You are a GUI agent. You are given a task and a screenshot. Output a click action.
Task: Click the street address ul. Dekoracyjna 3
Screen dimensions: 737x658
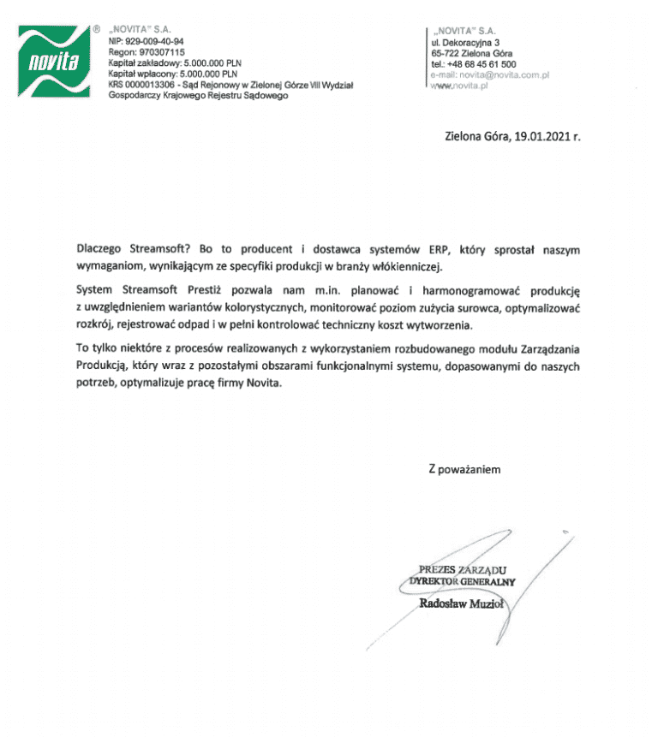[x=471, y=42]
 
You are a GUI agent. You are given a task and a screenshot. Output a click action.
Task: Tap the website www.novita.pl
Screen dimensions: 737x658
[x=458, y=86]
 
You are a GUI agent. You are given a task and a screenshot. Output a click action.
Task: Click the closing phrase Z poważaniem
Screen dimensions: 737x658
[x=464, y=469]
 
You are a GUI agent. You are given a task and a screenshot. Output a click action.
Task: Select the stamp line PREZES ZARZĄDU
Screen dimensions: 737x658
[x=464, y=569]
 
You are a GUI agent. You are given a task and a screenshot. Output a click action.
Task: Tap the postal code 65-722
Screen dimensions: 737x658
[x=446, y=53]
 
